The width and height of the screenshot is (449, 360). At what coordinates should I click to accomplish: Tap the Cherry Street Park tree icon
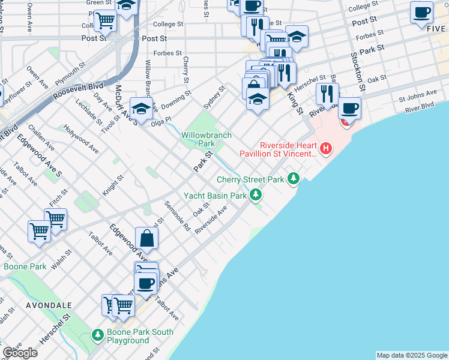click(x=294, y=178)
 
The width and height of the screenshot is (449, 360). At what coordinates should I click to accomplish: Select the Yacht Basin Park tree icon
click(x=256, y=194)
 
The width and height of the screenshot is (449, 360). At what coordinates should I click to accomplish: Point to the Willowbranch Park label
click(x=206, y=139)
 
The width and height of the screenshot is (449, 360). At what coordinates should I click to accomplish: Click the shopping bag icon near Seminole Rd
click(x=147, y=238)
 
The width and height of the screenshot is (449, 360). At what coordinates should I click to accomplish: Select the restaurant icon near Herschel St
click(x=327, y=94)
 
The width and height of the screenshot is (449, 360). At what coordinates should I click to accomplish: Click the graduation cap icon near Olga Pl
click(x=141, y=108)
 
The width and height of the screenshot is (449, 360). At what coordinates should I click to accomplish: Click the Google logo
click(x=20, y=353)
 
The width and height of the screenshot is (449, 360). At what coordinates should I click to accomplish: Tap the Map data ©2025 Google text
click(x=412, y=355)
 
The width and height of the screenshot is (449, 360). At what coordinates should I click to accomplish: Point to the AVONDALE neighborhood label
click(x=48, y=305)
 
